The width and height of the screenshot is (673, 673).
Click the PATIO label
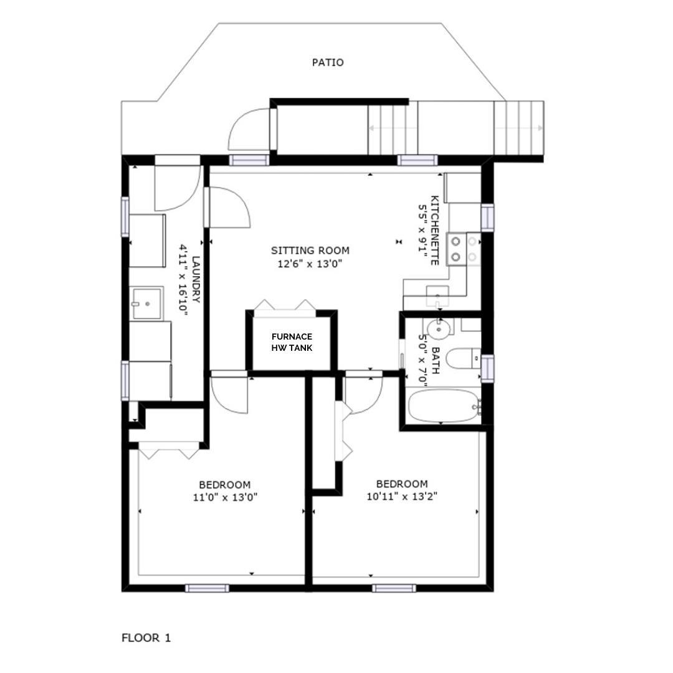[x=328, y=63]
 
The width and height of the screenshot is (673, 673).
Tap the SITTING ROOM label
[x=310, y=251]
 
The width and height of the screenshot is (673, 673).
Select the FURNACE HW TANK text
[x=292, y=342]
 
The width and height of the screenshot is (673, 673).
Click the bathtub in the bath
[x=444, y=406]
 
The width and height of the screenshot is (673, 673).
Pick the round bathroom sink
[x=438, y=329]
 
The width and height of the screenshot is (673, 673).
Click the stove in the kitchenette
[x=464, y=249]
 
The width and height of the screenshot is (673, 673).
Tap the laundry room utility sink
[x=146, y=303]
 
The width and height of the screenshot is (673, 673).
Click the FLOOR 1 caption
[x=146, y=638]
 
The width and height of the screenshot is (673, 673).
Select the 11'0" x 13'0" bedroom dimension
[x=225, y=497]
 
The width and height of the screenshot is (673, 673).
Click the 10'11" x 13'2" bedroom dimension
[x=402, y=497]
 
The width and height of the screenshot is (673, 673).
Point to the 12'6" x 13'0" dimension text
[x=310, y=264]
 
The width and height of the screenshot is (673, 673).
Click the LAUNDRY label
[x=196, y=279]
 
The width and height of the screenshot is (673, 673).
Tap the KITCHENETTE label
[x=434, y=230]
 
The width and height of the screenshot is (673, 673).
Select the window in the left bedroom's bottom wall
[x=207, y=588]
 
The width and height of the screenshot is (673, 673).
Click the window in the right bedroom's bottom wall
[x=394, y=588]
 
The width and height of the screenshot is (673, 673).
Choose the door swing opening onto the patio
[x=249, y=129]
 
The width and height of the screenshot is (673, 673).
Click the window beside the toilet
[x=487, y=368]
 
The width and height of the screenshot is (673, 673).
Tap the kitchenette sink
[x=437, y=295]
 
